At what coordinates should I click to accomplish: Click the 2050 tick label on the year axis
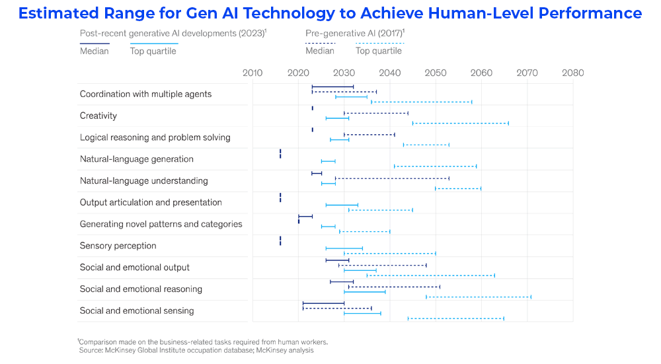click(x=436, y=73)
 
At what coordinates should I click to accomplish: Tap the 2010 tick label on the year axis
click(x=253, y=73)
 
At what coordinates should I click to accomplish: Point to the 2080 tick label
click(x=572, y=73)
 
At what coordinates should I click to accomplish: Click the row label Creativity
click(x=98, y=116)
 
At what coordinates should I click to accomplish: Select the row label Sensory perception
click(x=118, y=246)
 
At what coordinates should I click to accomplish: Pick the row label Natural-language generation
click(x=137, y=159)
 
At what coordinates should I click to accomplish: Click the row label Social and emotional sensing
click(x=137, y=310)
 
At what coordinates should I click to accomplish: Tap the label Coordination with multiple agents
click(x=146, y=94)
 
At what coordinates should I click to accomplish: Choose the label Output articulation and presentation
click(x=151, y=202)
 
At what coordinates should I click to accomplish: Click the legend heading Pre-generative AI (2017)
click(x=355, y=32)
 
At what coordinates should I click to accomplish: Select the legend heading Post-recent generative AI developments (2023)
click(x=173, y=32)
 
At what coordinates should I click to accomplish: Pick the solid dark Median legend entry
click(x=95, y=51)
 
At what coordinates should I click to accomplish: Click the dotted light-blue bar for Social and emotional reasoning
click(x=479, y=297)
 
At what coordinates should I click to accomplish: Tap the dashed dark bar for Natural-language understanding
click(x=393, y=178)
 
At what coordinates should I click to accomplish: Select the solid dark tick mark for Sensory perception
click(x=280, y=240)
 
